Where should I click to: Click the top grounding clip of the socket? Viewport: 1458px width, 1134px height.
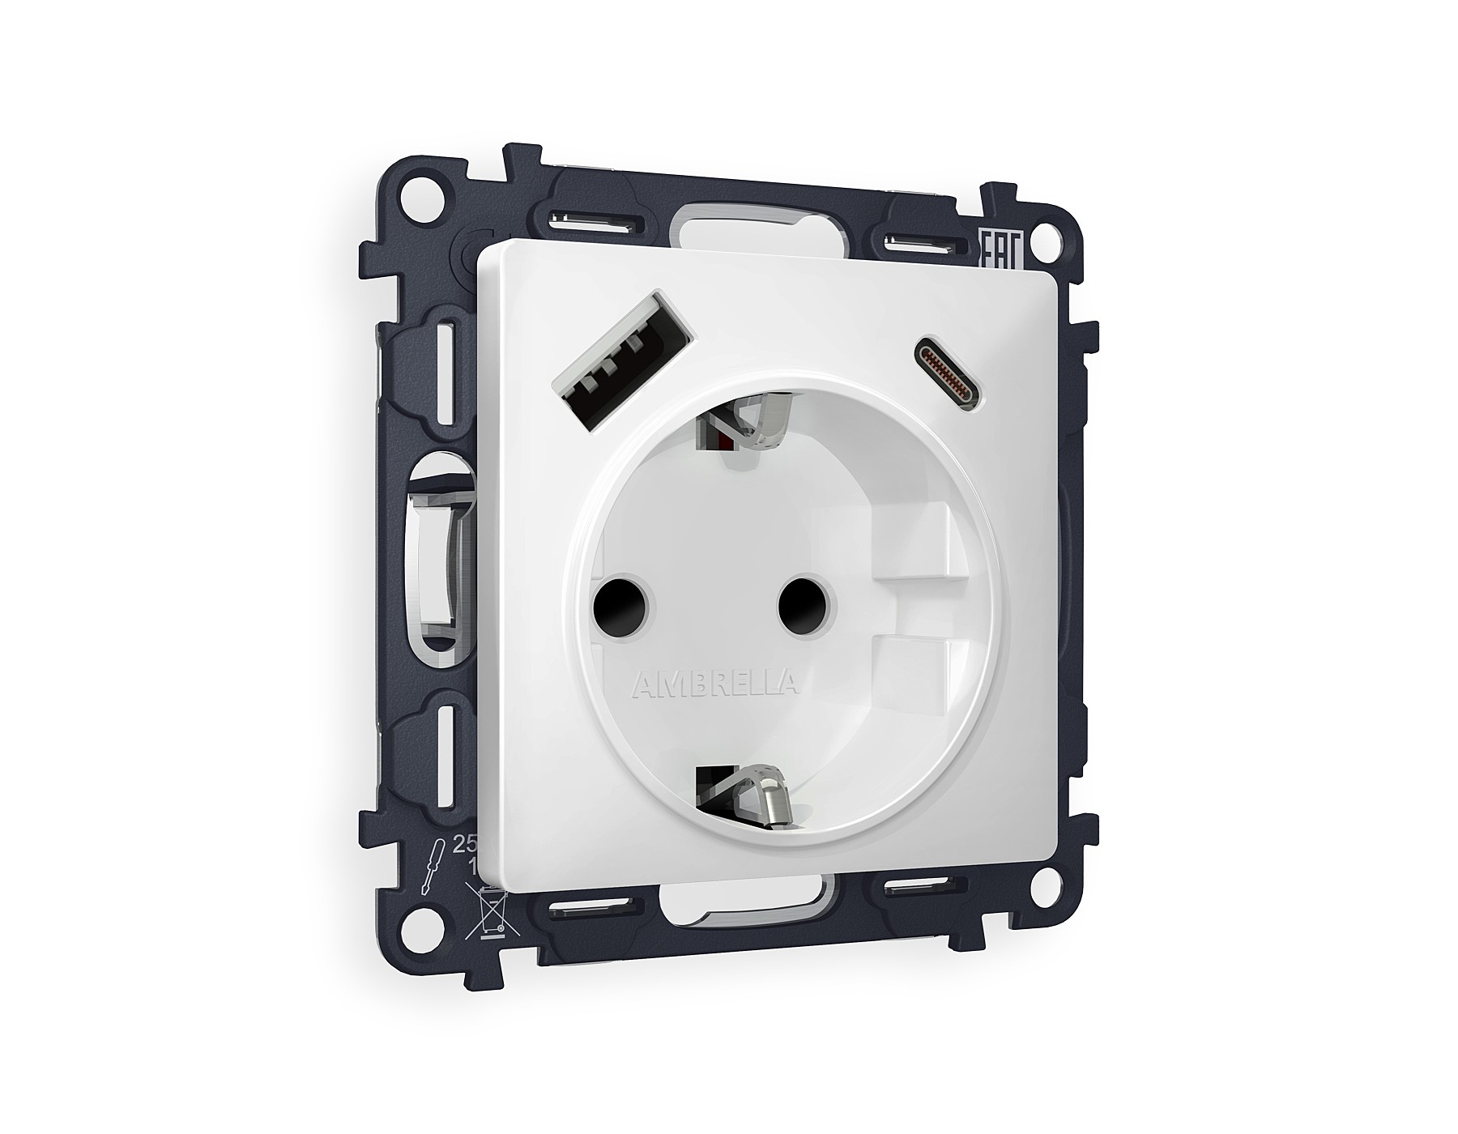[745, 426]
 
